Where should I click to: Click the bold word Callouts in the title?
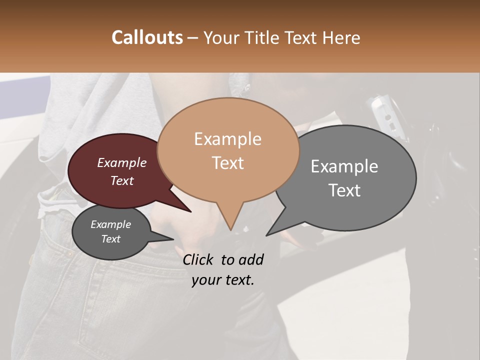pos(147,37)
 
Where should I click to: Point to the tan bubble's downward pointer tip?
pos(230,229)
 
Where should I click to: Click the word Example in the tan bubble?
pos(227,139)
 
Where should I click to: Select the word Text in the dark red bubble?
pos(122,181)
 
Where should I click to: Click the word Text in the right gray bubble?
pos(344,190)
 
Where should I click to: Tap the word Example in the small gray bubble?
pos(110,224)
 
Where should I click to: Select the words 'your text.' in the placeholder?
pos(223,280)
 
